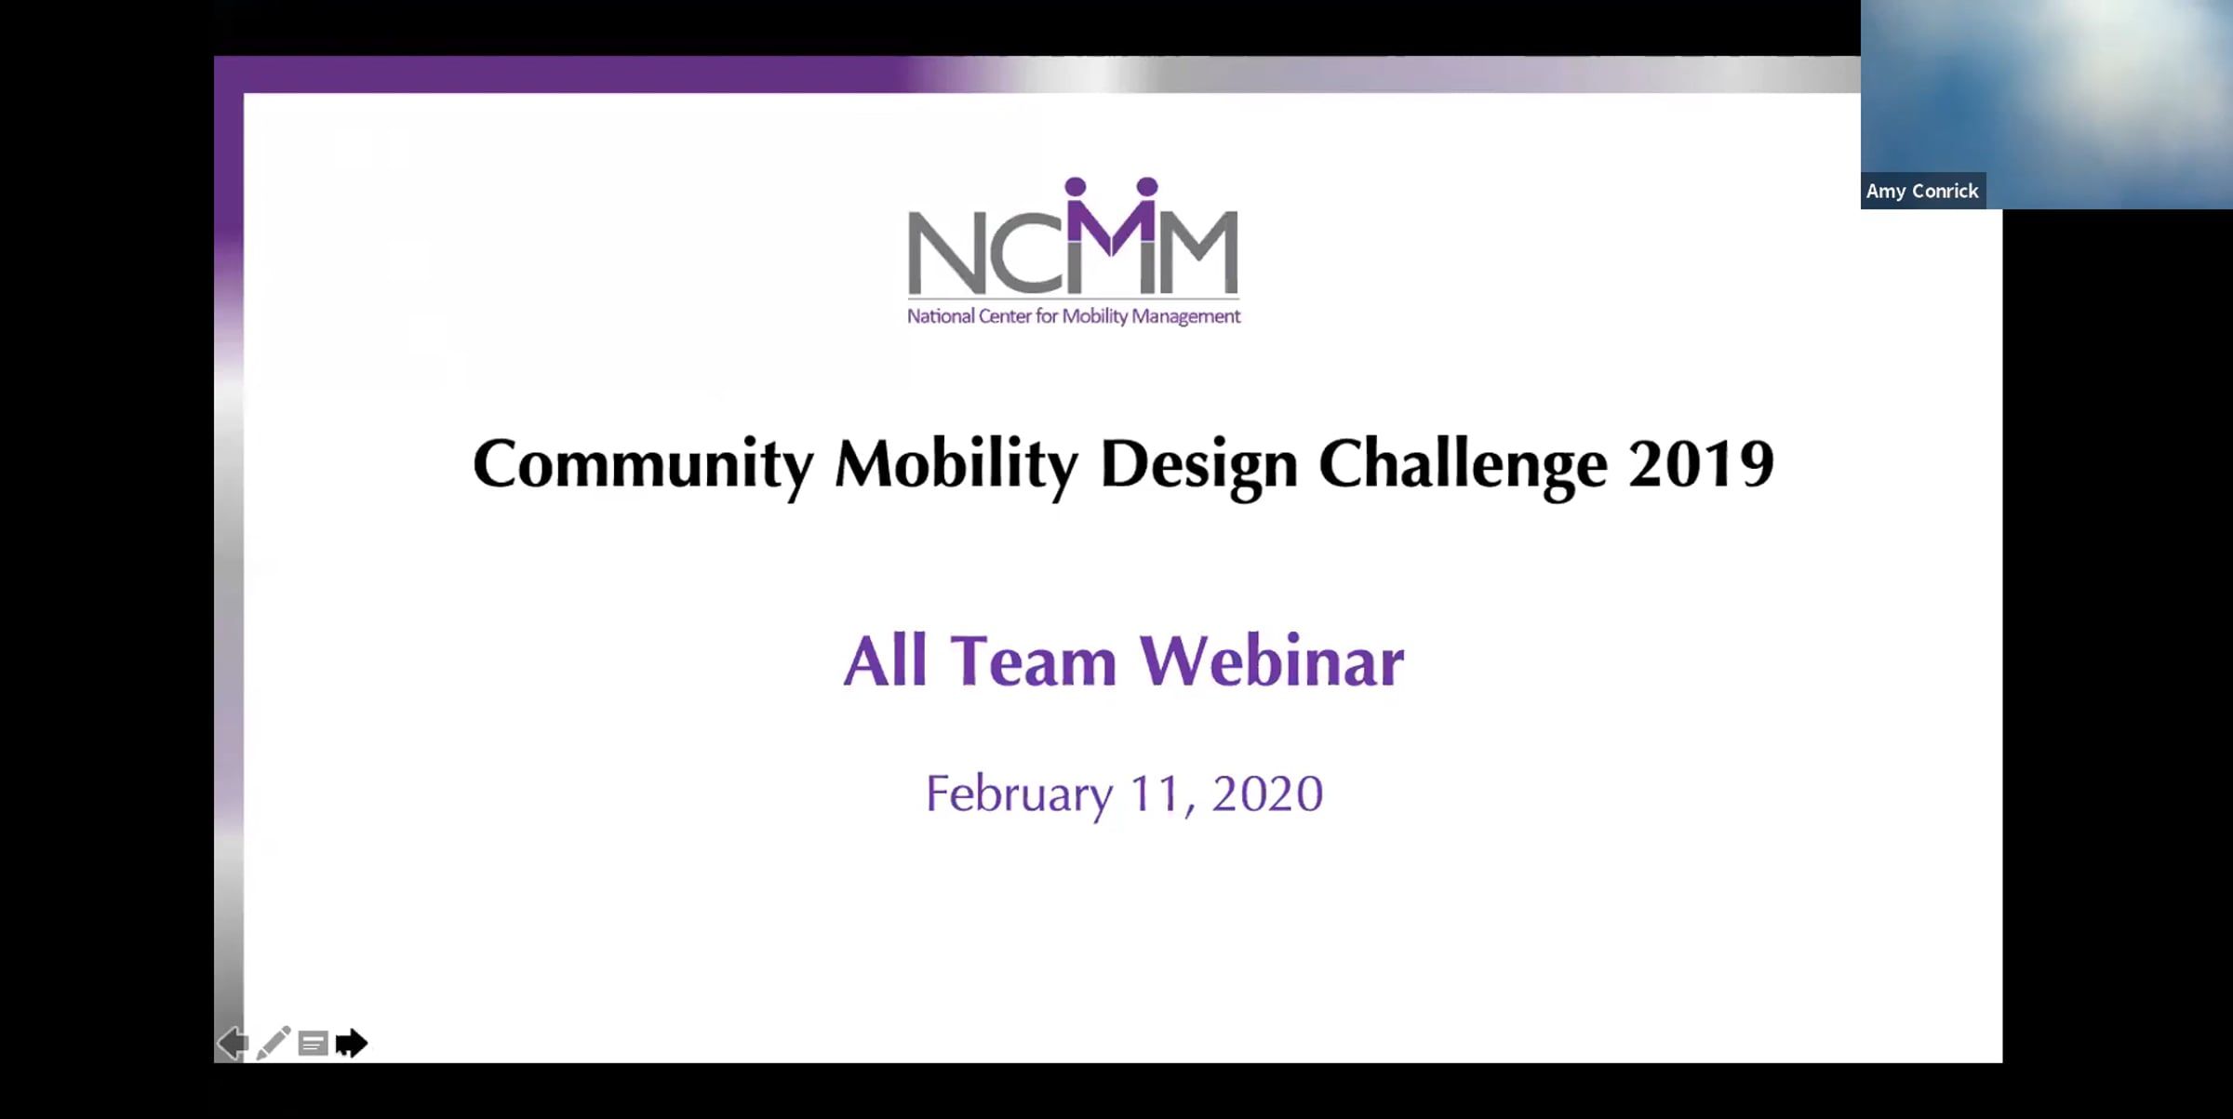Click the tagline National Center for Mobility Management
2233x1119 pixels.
click(1074, 316)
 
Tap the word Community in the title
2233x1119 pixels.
click(643, 465)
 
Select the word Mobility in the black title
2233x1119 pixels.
click(956, 465)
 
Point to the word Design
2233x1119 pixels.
click(1199, 465)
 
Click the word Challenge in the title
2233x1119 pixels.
click(1464, 465)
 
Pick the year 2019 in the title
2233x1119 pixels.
click(1702, 465)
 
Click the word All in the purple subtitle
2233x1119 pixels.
click(885, 660)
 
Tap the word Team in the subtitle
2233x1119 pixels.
click(1033, 660)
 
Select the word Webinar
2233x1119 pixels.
click(1272, 660)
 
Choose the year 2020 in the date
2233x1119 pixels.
click(1267, 794)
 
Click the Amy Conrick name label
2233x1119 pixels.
click(1922, 191)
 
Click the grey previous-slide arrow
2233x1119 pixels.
click(234, 1043)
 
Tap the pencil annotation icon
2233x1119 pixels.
click(274, 1043)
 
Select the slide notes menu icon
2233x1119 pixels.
click(314, 1044)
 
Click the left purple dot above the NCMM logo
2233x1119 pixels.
click(1076, 187)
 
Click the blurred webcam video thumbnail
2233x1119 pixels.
click(2047, 104)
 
